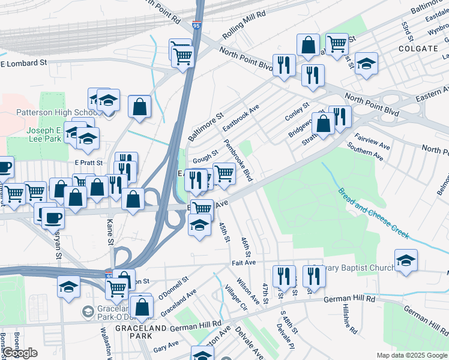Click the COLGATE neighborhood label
[x=417, y=48]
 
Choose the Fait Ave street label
[x=244, y=263]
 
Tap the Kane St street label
[x=110, y=233]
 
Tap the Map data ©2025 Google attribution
[x=411, y=355]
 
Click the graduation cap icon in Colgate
[x=366, y=64]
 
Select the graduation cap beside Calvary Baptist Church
[x=406, y=260]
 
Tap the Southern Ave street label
[x=365, y=154]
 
